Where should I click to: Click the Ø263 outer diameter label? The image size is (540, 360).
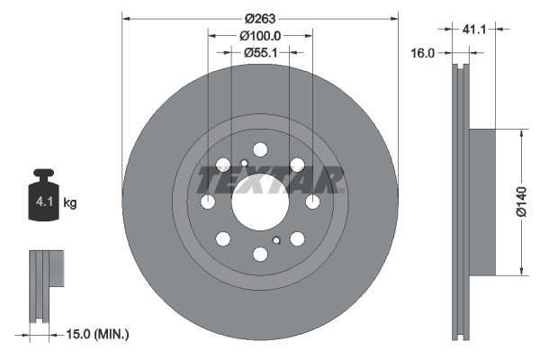(x=260, y=18)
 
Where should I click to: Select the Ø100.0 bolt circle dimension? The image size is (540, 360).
(x=260, y=35)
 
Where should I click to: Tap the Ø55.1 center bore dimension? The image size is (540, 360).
(x=261, y=52)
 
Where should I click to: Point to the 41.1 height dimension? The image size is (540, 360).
(x=474, y=30)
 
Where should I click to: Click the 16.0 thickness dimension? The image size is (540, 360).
(x=423, y=53)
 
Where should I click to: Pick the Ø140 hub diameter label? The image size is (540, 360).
(x=522, y=202)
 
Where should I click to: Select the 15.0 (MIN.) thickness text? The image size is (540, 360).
(x=97, y=334)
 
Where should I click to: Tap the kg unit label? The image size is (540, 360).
(x=70, y=202)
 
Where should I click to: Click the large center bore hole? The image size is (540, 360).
(x=260, y=202)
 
